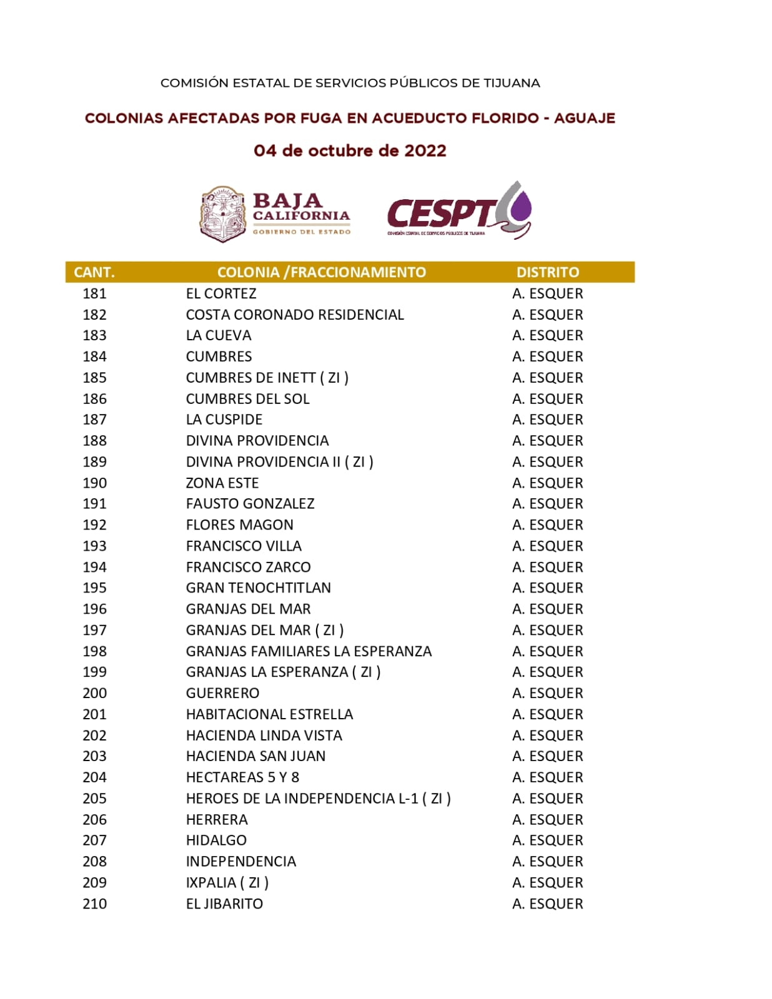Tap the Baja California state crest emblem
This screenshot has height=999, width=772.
coord(222,214)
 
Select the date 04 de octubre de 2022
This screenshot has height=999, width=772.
coord(350,150)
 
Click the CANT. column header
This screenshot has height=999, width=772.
coord(94,272)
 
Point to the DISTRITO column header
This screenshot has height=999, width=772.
coord(548,272)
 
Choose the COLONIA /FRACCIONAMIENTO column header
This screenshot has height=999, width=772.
coord(322,272)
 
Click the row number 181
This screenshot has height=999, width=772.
coord(94,293)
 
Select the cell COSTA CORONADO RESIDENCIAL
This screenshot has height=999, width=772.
coord(295,315)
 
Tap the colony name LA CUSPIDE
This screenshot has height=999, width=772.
coord(224,420)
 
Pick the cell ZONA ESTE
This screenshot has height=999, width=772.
coord(222,483)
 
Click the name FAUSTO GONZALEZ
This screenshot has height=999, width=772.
coord(250,504)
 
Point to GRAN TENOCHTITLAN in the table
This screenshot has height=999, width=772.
coord(259,588)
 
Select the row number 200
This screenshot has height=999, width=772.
coord(94,693)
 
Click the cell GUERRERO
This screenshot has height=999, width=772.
coord(222,693)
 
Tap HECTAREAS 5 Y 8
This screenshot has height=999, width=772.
coord(242,777)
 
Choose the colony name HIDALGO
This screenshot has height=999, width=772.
coord(216,840)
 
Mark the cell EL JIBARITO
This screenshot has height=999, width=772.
coord(224,903)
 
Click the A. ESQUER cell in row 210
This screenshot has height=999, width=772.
coord(548,903)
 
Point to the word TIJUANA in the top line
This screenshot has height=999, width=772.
coord(512,83)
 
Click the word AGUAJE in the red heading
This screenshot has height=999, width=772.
coord(585,118)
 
